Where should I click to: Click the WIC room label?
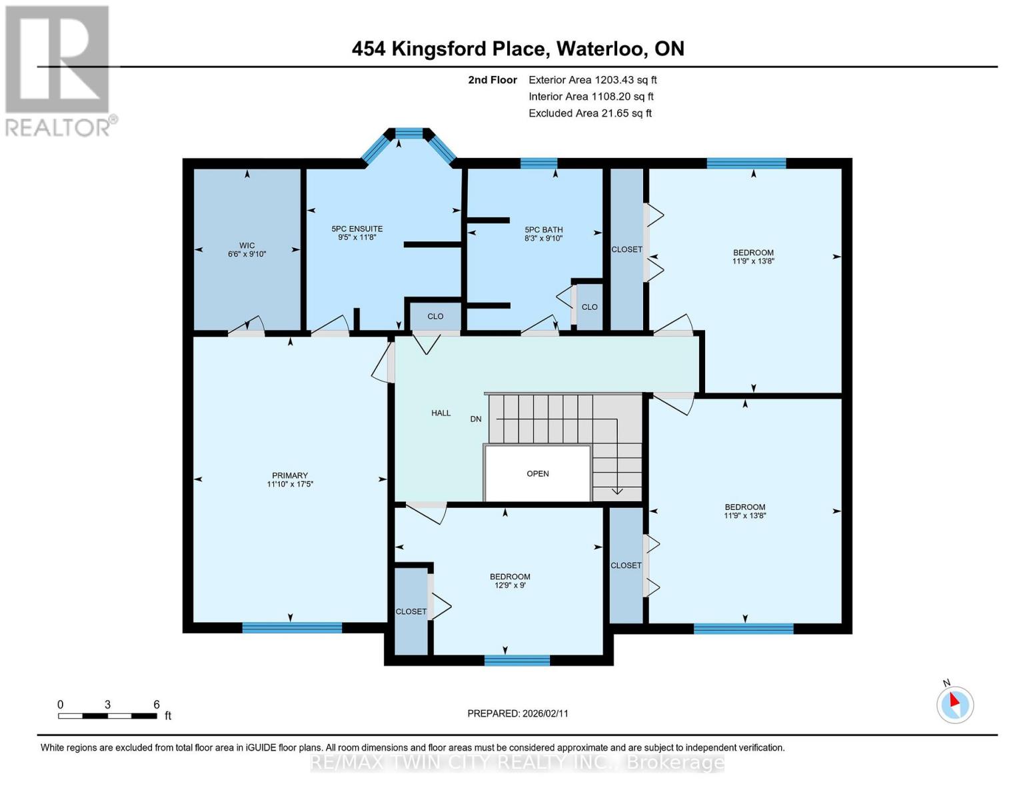[x=247, y=245]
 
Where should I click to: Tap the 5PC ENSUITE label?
[x=357, y=229]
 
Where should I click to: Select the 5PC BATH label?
[x=543, y=229]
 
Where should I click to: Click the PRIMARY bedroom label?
[x=290, y=475]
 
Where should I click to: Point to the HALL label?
[x=441, y=413]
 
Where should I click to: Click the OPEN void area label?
[x=538, y=474]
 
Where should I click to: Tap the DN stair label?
[x=476, y=419]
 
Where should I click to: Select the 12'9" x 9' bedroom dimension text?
[x=510, y=585]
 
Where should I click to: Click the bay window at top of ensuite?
[x=409, y=133]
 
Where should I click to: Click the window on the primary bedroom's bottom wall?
[x=292, y=627]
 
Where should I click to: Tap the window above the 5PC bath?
[x=538, y=163]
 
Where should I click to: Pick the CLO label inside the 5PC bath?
[x=589, y=307]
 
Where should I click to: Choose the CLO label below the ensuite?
[x=435, y=317]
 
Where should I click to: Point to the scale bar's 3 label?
[x=107, y=705]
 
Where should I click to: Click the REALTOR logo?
[x=59, y=71]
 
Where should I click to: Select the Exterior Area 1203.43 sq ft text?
[x=592, y=80]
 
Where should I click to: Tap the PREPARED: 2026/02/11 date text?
[x=518, y=713]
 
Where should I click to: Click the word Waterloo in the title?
[x=600, y=49]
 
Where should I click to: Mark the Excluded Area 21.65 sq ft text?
[x=590, y=113]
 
